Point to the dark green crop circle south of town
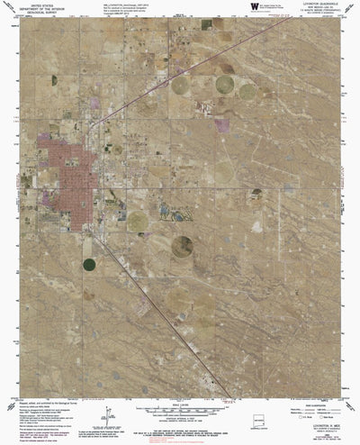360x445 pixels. (89, 265)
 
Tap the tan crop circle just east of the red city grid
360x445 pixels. (137, 220)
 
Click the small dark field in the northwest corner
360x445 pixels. (54, 80)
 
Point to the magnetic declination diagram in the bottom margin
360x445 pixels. (108, 416)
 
